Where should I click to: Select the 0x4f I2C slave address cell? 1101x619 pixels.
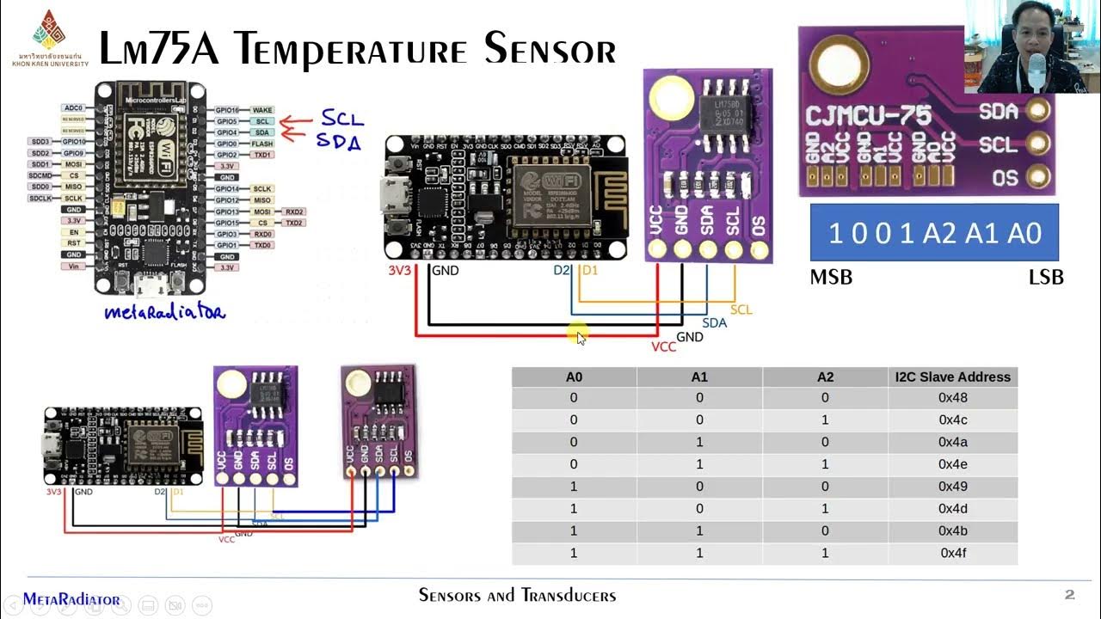coord(953,553)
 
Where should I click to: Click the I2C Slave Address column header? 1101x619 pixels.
coord(953,377)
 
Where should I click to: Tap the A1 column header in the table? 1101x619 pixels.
coord(699,377)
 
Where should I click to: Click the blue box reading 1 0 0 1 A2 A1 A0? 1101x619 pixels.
coord(934,233)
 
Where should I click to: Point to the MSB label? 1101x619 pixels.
coord(831,278)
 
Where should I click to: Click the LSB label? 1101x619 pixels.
coord(1046,278)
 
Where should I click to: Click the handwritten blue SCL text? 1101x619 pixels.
coord(342,119)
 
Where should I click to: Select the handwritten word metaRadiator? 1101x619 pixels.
coord(164,312)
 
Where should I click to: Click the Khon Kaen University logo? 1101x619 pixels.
coord(49,31)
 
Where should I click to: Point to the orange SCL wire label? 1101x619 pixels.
coord(741,309)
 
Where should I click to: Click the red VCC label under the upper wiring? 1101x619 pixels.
coord(663,346)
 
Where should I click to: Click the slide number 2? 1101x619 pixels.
coord(1070,595)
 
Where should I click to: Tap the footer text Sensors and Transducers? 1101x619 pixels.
coord(517,595)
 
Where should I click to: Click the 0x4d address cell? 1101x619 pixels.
coord(953,509)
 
